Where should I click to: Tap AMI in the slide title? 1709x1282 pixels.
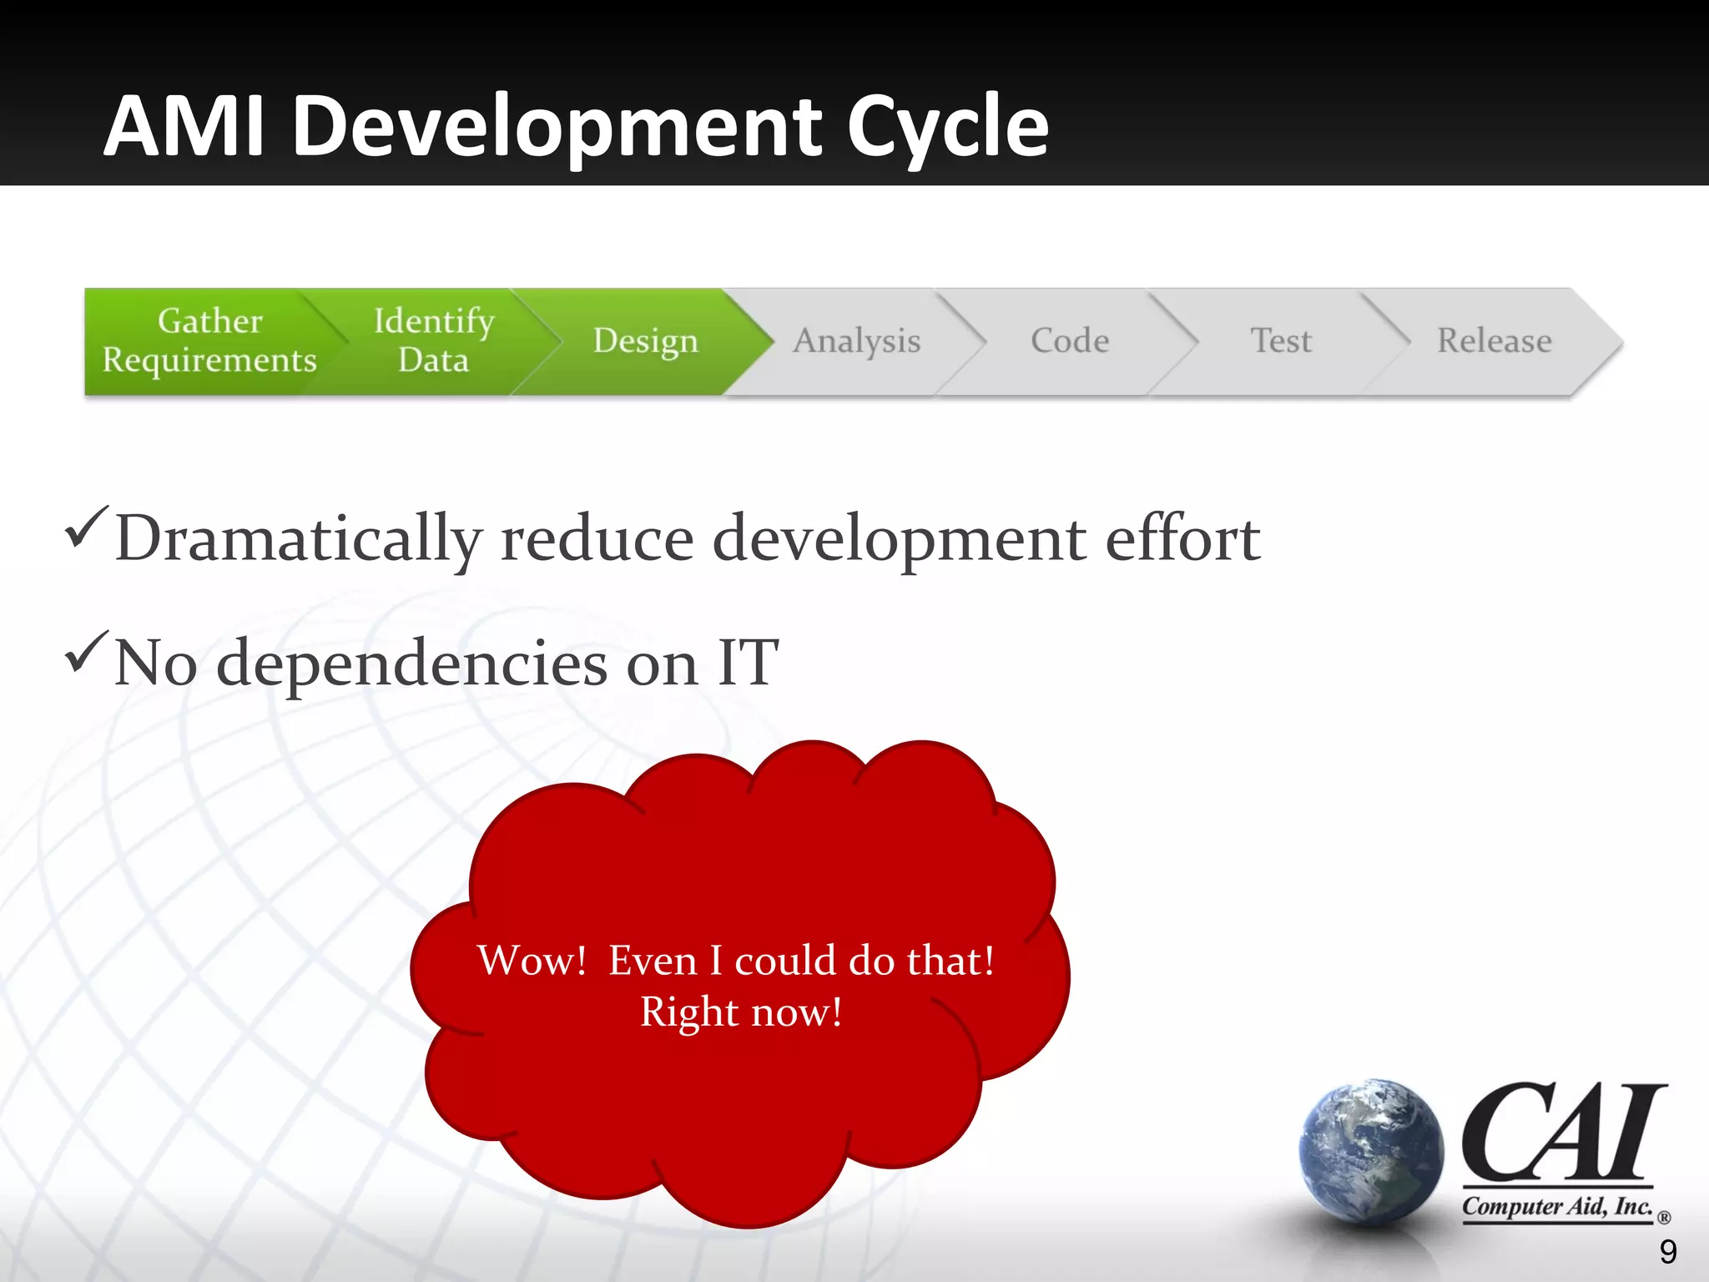(185, 127)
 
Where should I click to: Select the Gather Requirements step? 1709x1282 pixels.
(209, 341)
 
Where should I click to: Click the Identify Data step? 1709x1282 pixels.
(433, 341)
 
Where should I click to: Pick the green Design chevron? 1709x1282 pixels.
(645, 341)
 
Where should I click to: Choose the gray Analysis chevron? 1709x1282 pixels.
(856, 341)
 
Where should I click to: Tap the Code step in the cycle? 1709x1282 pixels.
(1069, 341)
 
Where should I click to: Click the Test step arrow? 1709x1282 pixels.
(1280, 341)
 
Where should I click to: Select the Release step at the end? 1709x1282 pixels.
(1494, 341)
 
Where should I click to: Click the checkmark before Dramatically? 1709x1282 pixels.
(86, 527)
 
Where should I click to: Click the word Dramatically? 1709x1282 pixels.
(298, 539)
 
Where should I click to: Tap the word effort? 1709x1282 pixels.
(1182, 539)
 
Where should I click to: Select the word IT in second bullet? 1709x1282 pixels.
(749, 663)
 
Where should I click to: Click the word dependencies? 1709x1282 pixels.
(411, 663)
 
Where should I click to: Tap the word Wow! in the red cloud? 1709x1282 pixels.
(532, 960)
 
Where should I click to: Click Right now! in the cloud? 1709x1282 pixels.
(741, 1012)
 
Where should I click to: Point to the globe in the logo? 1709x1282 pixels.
(1370, 1152)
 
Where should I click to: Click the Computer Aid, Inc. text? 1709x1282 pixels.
(1556, 1207)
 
